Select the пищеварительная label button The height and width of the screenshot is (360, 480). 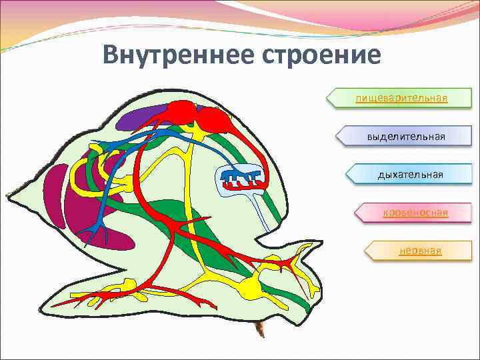[x=399, y=99]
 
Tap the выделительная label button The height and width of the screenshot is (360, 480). [x=405, y=136]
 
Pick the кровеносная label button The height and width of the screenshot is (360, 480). [x=415, y=213]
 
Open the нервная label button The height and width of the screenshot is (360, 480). [x=419, y=251]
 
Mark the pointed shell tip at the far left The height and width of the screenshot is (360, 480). [x=9, y=195]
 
